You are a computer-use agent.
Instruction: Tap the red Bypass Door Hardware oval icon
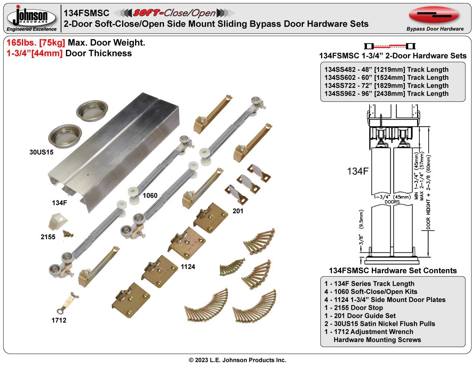point(434,15)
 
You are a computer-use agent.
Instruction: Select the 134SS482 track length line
point(386,70)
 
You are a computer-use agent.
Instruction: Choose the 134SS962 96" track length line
point(386,94)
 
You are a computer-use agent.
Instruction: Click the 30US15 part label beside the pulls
point(41,152)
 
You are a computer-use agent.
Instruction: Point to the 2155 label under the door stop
point(48,237)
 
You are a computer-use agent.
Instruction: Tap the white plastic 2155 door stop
point(56,221)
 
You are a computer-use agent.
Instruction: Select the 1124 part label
point(188,266)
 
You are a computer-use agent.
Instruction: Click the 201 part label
point(238,211)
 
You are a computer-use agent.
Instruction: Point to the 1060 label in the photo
point(150,196)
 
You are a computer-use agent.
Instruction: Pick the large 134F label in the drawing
point(357,171)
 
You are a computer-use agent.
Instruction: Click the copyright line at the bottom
point(237,360)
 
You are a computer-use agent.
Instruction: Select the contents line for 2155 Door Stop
point(354,308)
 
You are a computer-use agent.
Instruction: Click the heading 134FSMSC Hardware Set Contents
point(393,271)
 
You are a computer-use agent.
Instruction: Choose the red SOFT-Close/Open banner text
point(174,13)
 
